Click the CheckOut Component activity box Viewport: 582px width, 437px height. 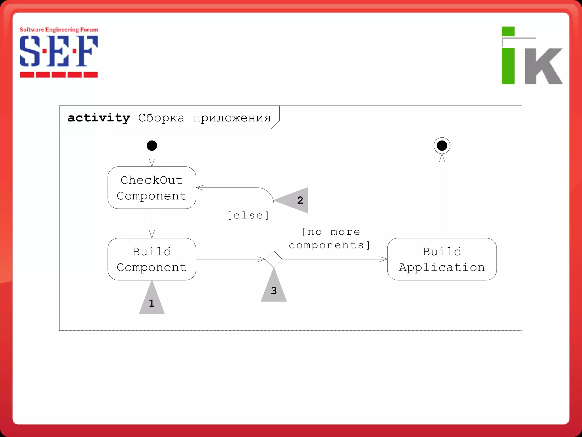152,188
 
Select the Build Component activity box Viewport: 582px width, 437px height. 152,259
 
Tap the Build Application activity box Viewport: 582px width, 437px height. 442,259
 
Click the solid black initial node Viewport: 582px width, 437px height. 152,146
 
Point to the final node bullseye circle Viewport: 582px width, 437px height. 442,146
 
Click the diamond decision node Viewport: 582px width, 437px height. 274,259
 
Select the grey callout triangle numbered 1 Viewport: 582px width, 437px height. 152,302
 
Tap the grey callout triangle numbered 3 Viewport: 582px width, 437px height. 274,289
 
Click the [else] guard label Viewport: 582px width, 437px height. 248,215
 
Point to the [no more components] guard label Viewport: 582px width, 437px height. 330,239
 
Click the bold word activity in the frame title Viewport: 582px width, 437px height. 99,118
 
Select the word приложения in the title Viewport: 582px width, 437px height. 232,118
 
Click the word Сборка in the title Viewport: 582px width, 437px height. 161,118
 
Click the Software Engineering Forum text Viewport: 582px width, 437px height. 59,30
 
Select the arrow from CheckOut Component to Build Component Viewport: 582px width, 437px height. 152,223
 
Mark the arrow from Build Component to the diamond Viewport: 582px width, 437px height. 230,259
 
